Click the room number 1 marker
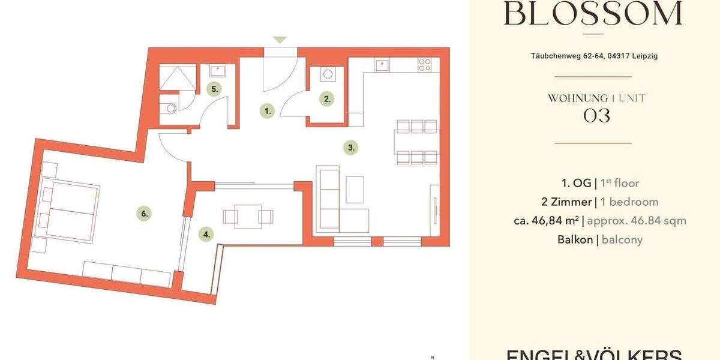(268, 110)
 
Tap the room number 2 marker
(326, 100)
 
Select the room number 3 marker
(351, 147)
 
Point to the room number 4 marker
(207, 235)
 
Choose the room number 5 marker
(215, 89)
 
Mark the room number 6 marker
(143, 213)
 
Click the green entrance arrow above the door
(280, 40)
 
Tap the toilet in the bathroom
(170, 109)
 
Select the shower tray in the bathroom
(178, 77)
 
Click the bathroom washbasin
(217, 71)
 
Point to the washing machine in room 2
(328, 76)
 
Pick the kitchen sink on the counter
(383, 64)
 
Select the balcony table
(248, 216)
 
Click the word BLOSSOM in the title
(593, 13)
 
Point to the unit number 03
(596, 116)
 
